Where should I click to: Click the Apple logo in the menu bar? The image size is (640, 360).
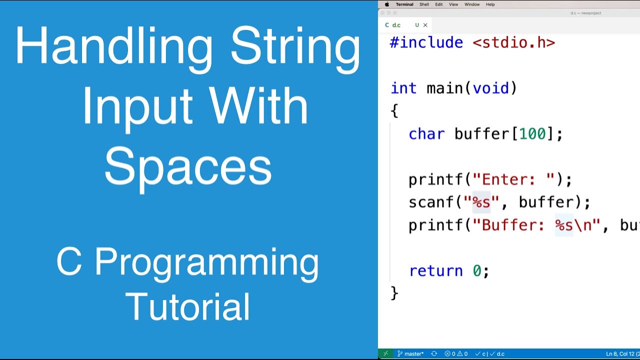pyautogui.click(x=386, y=4)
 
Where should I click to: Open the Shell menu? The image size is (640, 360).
pyautogui.click(x=424, y=4)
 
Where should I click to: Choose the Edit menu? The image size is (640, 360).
pyautogui.click(x=438, y=4)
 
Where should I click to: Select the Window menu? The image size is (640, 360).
pyautogui.click(x=472, y=4)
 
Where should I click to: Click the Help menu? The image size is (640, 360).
pyautogui.click(x=490, y=4)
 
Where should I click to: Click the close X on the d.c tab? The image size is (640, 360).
pyautogui.click(x=425, y=25)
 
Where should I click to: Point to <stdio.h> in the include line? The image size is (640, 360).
pyautogui.click(x=513, y=42)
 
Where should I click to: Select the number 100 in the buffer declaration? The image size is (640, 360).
pyautogui.click(x=532, y=134)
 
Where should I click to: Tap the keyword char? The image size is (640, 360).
pyautogui.click(x=426, y=134)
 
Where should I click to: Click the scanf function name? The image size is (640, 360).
pyautogui.click(x=431, y=202)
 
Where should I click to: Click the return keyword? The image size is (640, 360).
pyautogui.click(x=435, y=270)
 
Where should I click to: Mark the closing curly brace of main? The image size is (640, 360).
pyautogui.click(x=394, y=293)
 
